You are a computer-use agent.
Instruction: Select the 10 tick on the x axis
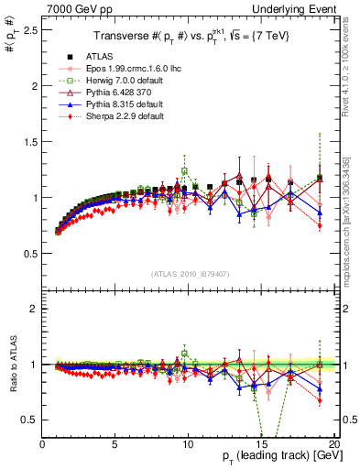188,443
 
